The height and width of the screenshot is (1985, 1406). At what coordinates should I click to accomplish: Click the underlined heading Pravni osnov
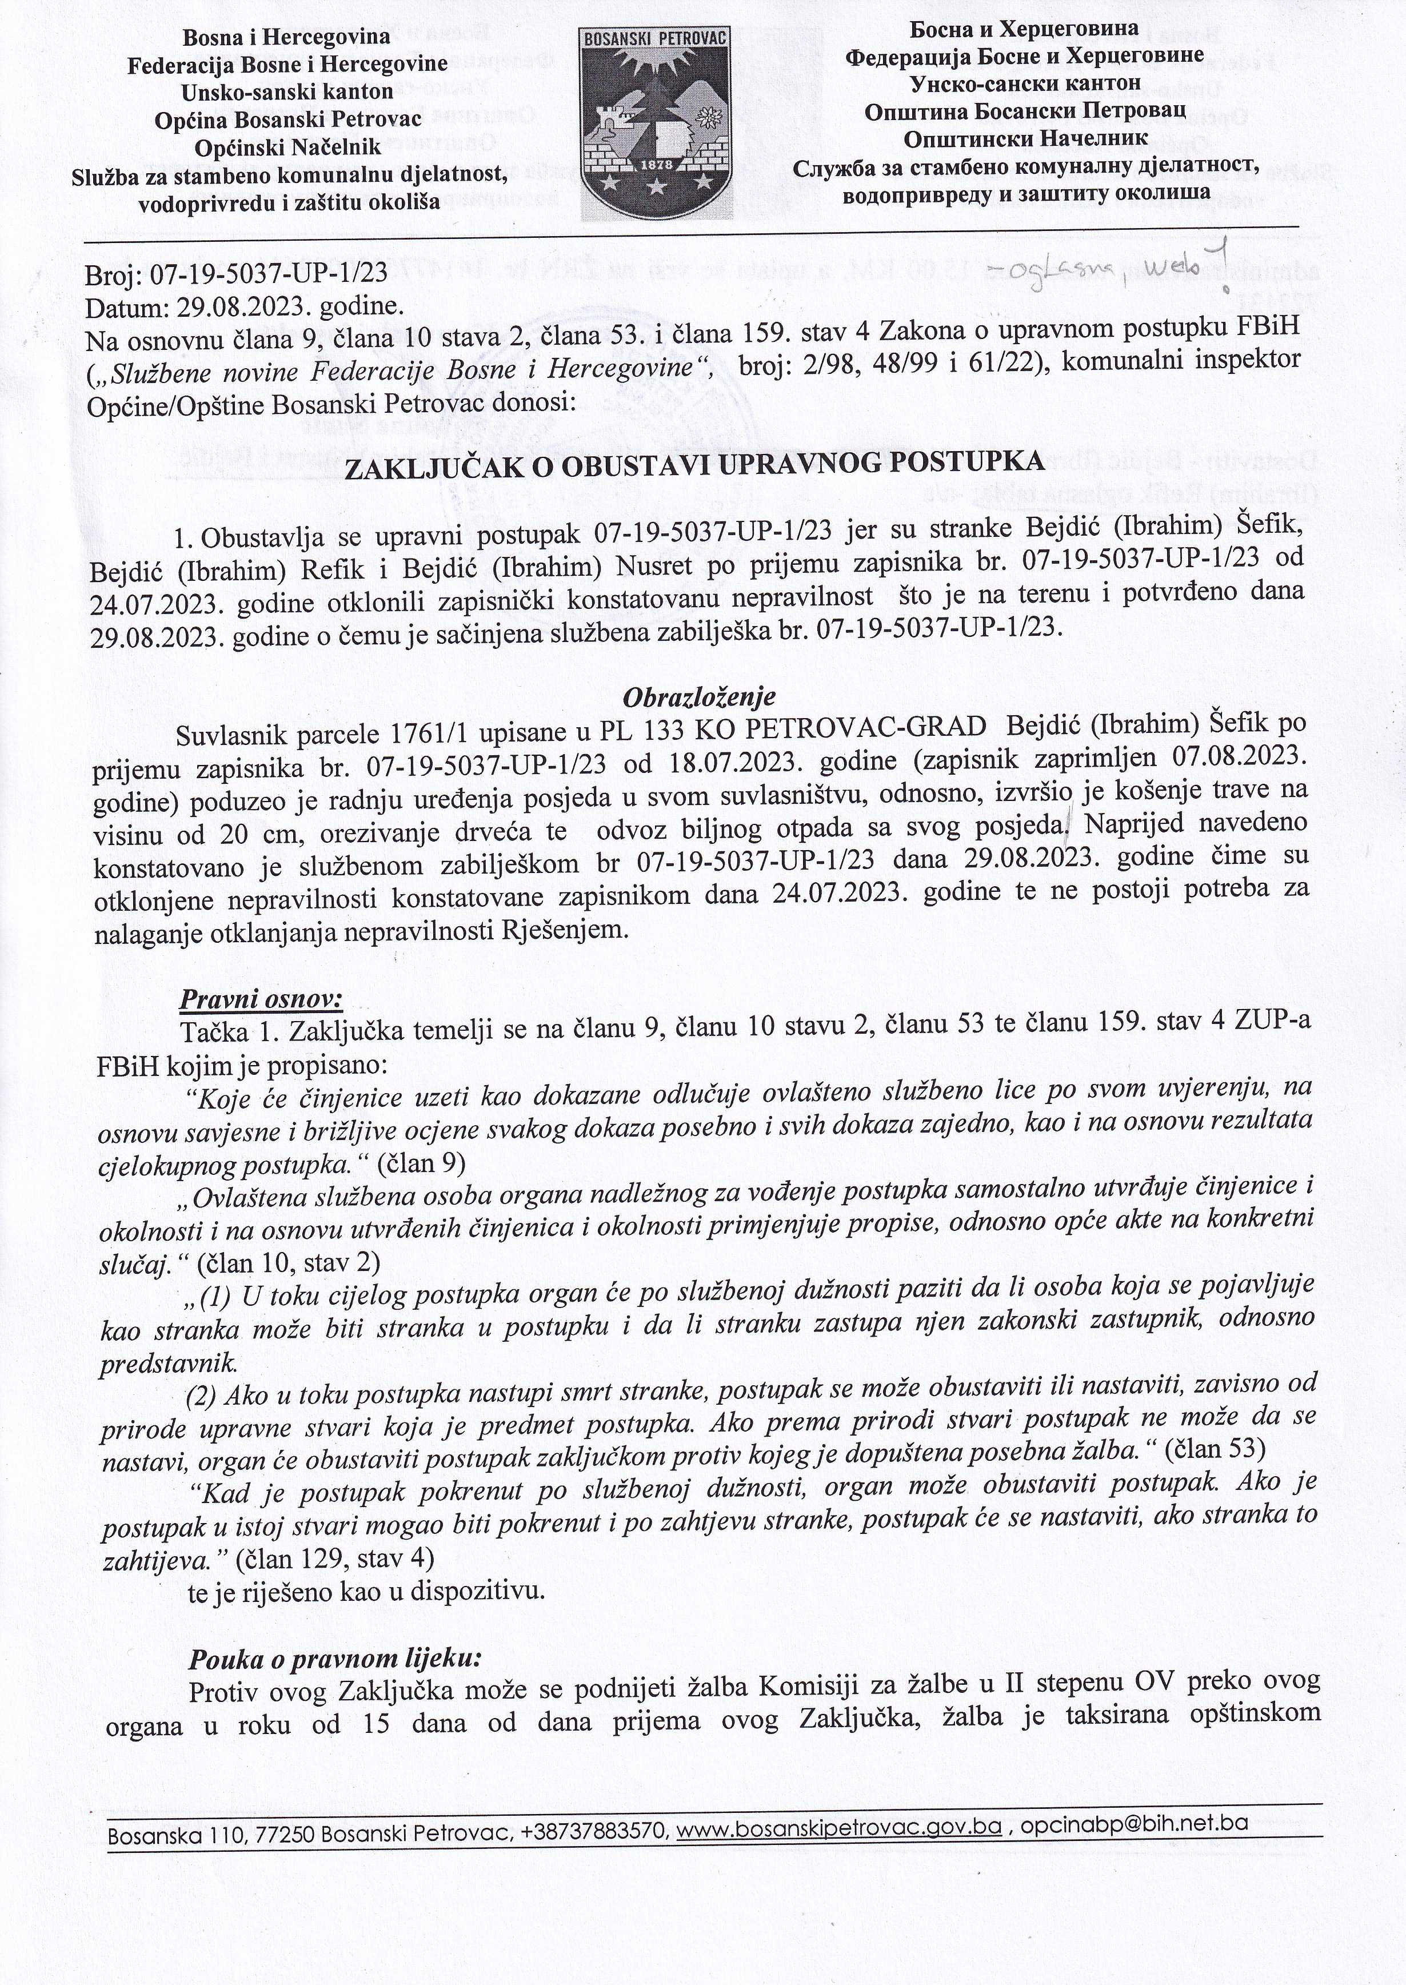click(x=261, y=1001)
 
